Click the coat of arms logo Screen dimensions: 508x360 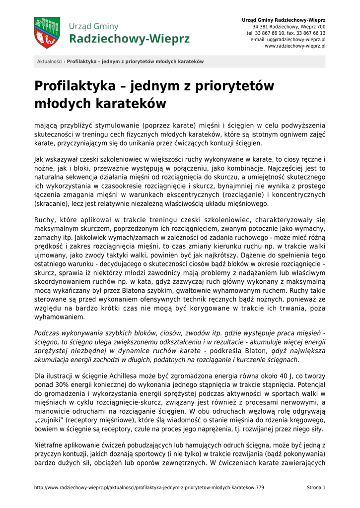47,33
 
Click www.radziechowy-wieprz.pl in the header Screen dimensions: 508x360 295,46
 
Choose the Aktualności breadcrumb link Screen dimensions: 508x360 50,62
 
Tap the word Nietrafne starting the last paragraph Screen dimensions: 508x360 49,446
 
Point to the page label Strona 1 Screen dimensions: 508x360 316,488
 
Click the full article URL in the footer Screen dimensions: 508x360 149,488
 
